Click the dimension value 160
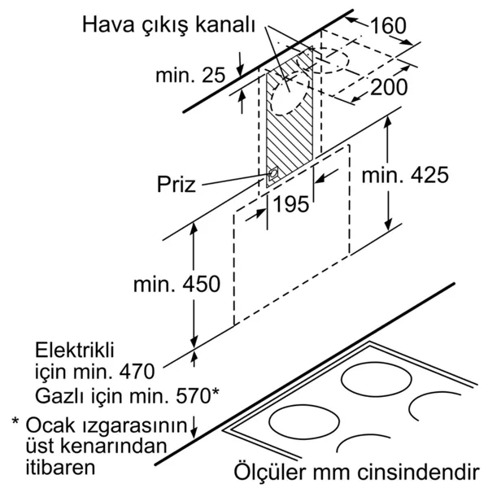click(389, 25)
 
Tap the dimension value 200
click(389, 87)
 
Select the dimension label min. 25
click(190, 75)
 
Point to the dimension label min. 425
click(405, 175)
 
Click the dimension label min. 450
click(176, 284)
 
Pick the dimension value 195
click(291, 204)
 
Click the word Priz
click(176, 185)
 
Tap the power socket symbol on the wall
click(273, 174)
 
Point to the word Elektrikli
click(75, 350)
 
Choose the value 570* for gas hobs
click(198, 395)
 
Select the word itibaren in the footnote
click(60, 467)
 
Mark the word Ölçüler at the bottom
click(269, 472)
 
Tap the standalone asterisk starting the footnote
click(15, 422)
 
